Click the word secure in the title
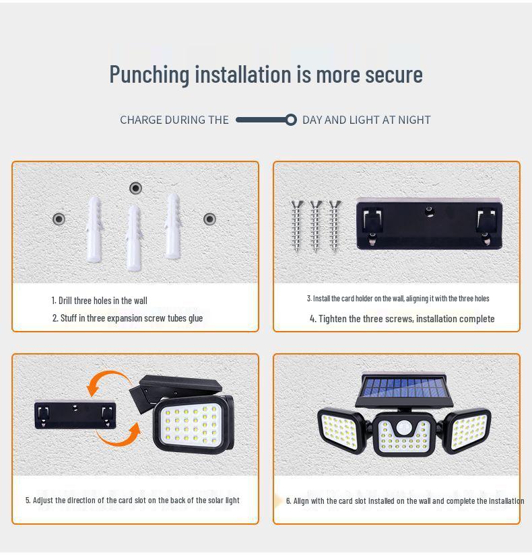(x=394, y=74)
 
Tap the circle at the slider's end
(x=291, y=120)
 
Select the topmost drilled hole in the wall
(x=135, y=188)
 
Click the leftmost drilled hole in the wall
(x=59, y=219)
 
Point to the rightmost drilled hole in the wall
(x=209, y=219)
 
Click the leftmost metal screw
(x=297, y=225)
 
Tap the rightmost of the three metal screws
(x=334, y=225)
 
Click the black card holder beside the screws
(x=429, y=224)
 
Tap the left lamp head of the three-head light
(x=340, y=429)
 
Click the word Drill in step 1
(x=65, y=301)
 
